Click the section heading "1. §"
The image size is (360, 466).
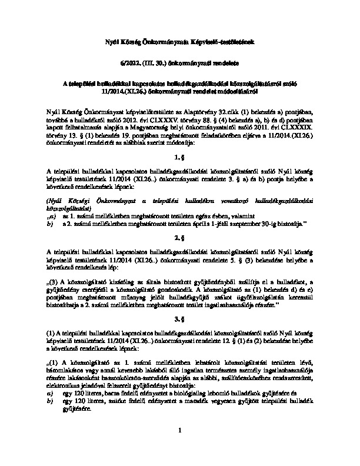[180, 158]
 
